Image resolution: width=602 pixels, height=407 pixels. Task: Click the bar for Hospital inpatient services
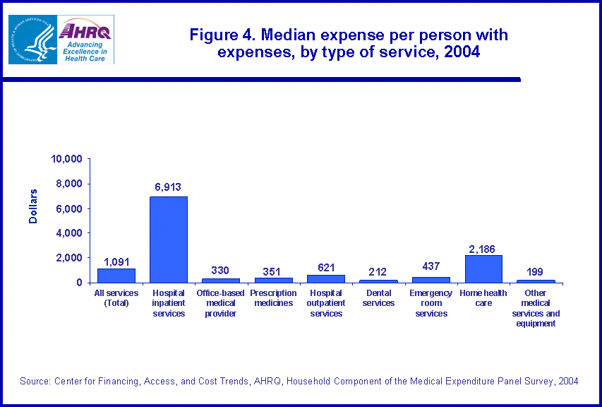[168, 240]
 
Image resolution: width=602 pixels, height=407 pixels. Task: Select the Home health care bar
[483, 269]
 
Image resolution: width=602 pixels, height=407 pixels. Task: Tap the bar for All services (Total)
[116, 276]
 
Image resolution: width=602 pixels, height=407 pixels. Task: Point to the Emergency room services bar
[431, 280]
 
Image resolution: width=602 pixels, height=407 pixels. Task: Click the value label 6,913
[168, 187]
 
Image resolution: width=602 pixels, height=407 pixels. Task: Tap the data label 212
[378, 271]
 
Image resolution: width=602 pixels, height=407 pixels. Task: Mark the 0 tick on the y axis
[80, 283]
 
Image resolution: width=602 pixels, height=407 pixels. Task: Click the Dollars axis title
[32, 206]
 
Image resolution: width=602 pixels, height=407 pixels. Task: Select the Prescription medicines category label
[273, 297]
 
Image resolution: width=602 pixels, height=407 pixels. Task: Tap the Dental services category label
[378, 297]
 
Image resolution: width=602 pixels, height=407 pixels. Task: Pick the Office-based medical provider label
[221, 302]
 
